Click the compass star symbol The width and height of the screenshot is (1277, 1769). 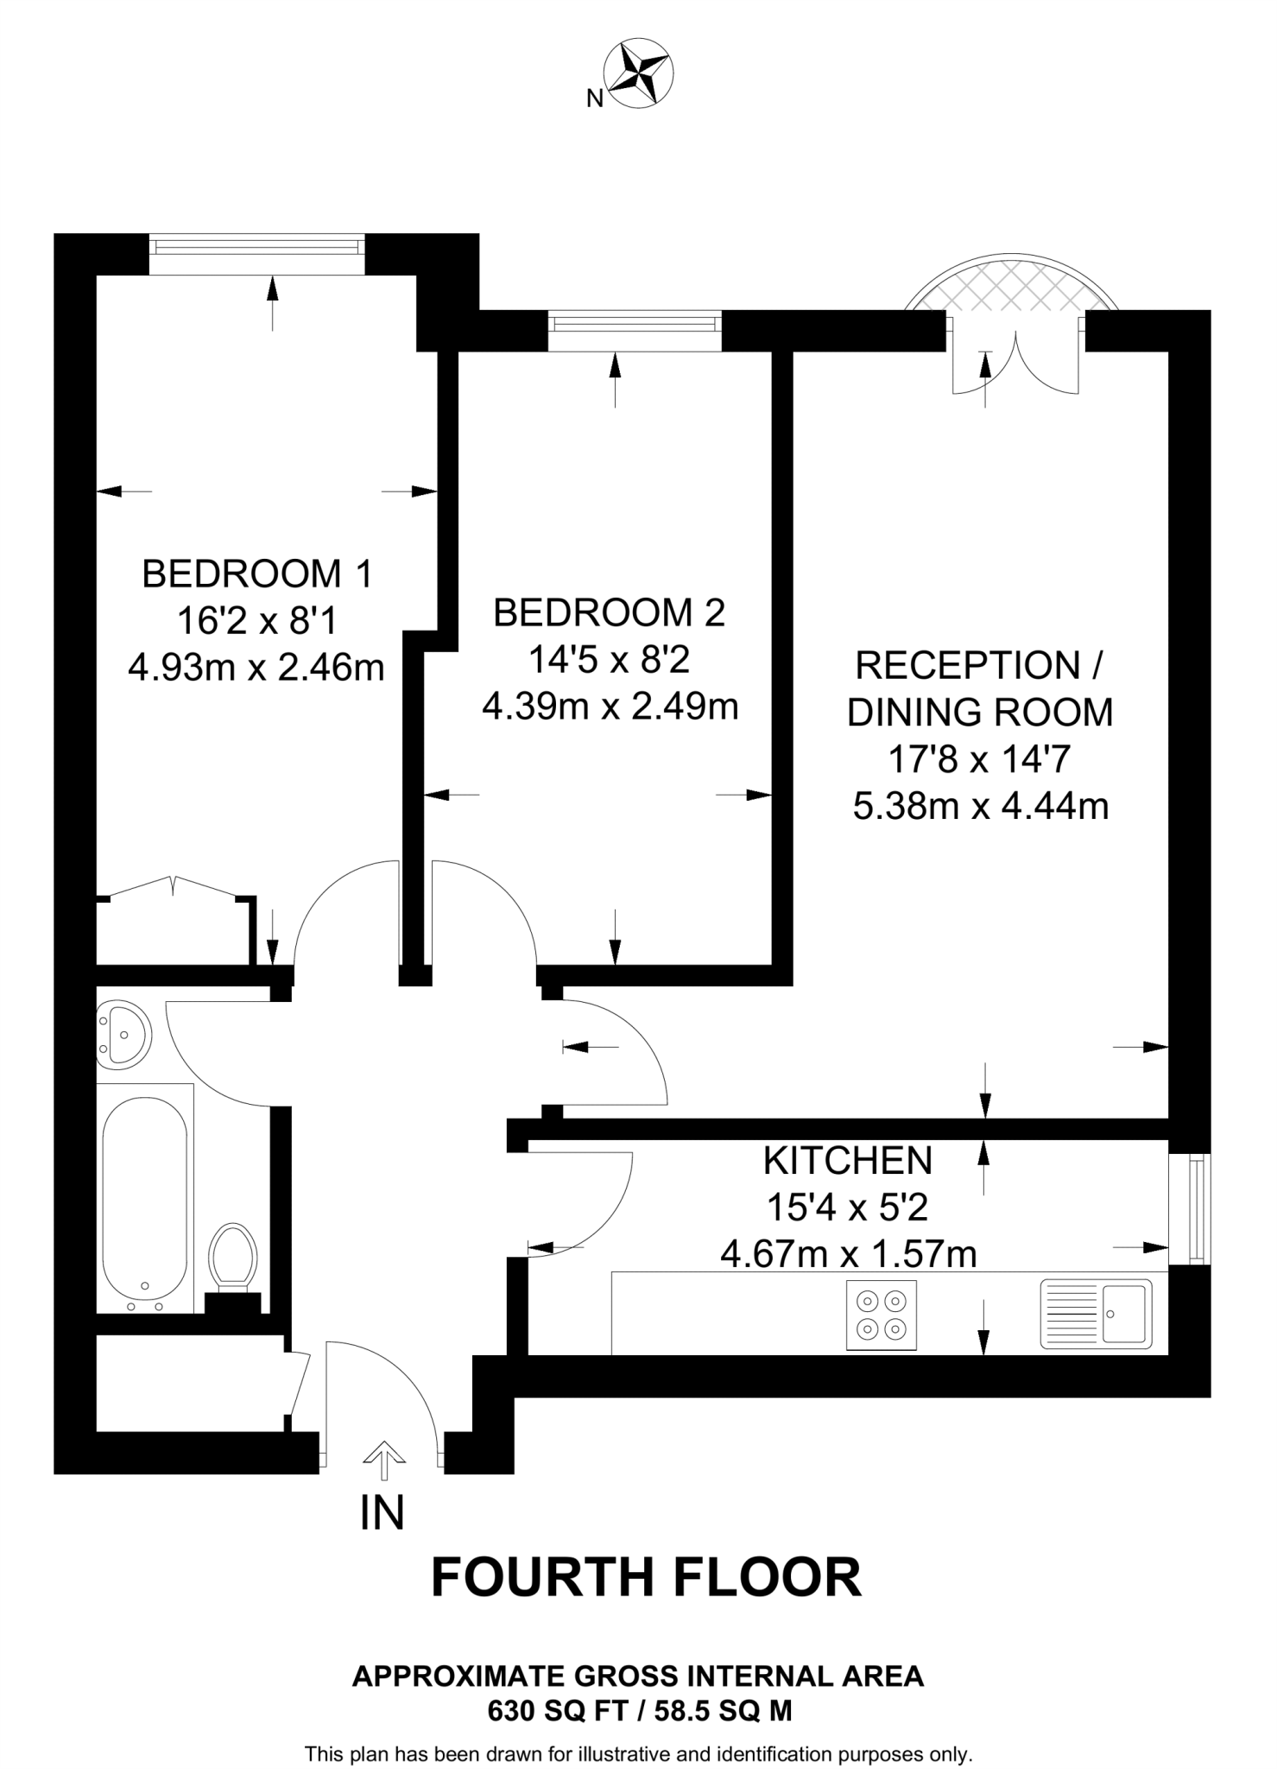(640, 73)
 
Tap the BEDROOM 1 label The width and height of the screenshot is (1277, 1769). (256, 574)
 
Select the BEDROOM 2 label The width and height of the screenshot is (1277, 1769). (609, 613)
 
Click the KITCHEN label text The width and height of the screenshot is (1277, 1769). (848, 1161)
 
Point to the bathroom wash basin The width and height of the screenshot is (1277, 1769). (123, 1033)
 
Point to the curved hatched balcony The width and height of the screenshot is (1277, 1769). (1012, 285)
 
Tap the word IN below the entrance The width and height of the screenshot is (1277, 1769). (382, 1512)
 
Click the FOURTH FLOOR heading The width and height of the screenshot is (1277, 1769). (646, 1577)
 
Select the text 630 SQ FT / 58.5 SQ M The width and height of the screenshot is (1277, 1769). (639, 1710)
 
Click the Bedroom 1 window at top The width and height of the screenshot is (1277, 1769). (256, 246)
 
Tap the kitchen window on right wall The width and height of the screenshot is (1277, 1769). (1196, 1209)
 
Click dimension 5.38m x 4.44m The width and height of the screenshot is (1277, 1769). (980, 807)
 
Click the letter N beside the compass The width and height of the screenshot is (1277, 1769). (594, 99)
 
